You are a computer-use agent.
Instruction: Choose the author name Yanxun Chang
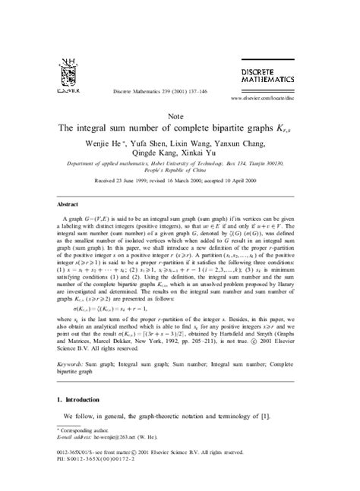coord(239,140)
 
